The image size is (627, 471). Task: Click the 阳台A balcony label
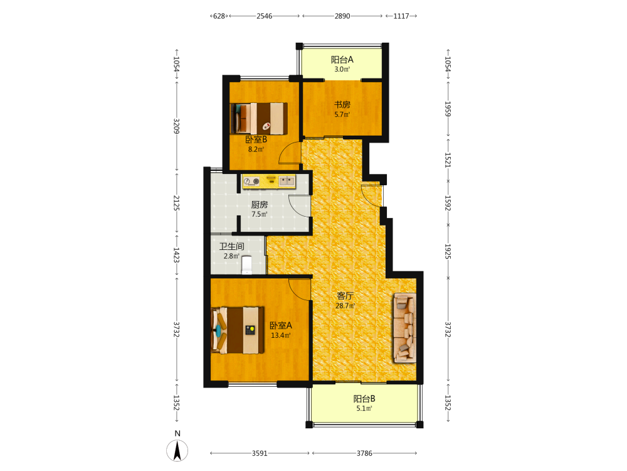(x=342, y=60)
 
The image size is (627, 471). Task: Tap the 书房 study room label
(x=342, y=104)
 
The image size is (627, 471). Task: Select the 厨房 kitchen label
(x=259, y=205)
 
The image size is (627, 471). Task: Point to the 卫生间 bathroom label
(x=231, y=246)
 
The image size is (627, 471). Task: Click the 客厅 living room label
(x=345, y=296)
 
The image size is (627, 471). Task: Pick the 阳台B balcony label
(x=364, y=399)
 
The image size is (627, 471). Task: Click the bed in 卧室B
(x=259, y=119)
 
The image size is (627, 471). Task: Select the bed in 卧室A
(x=238, y=330)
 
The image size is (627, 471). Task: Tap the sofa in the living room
(x=405, y=328)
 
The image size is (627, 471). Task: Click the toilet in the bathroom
(x=247, y=265)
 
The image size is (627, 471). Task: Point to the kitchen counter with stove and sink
(x=269, y=181)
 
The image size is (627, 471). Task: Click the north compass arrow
(x=177, y=450)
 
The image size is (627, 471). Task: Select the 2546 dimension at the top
(x=265, y=16)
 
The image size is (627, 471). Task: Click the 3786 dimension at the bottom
(x=364, y=453)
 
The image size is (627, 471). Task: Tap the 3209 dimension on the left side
(x=176, y=126)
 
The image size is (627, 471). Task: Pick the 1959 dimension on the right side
(x=448, y=109)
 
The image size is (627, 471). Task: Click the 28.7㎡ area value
(x=345, y=306)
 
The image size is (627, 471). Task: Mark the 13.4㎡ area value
(x=281, y=335)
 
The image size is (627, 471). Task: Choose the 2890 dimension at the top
(x=342, y=16)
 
